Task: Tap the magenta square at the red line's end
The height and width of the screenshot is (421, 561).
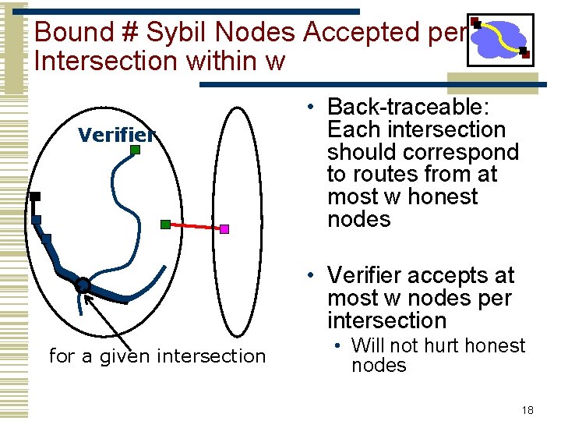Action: click(224, 229)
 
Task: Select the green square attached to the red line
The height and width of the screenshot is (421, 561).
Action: click(165, 225)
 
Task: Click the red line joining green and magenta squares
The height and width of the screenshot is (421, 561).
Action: click(195, 227)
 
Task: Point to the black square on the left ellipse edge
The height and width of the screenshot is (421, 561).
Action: click(35, 197)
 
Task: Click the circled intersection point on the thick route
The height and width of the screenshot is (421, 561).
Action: click(83, 285)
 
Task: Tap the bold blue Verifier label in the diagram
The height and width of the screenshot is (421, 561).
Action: click(117, 136)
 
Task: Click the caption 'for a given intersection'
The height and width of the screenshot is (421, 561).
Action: click(157, 356)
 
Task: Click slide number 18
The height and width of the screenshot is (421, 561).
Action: click(527, 409)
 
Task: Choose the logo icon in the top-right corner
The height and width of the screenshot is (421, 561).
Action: click(499, 39)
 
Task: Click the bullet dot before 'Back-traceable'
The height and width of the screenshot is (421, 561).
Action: click(310, 108)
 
